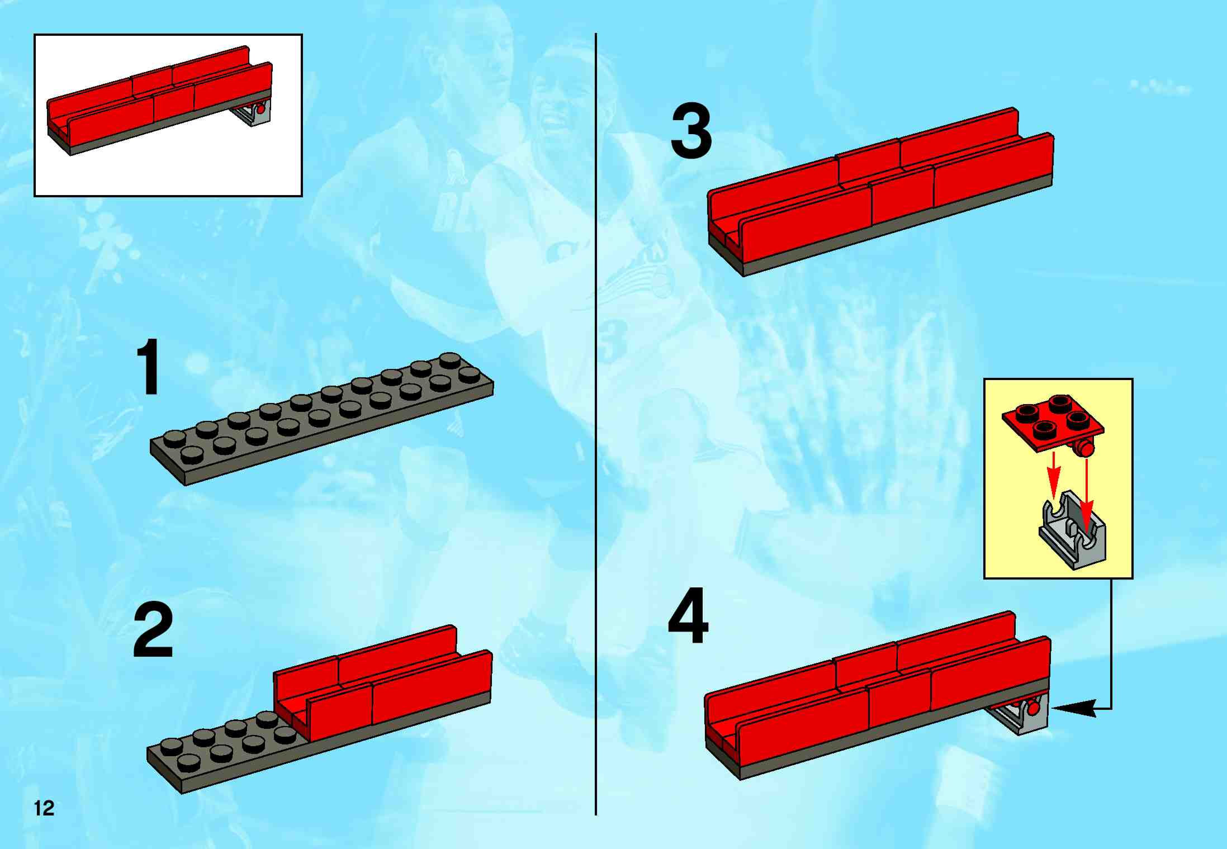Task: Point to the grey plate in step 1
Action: tap(322, 419)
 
